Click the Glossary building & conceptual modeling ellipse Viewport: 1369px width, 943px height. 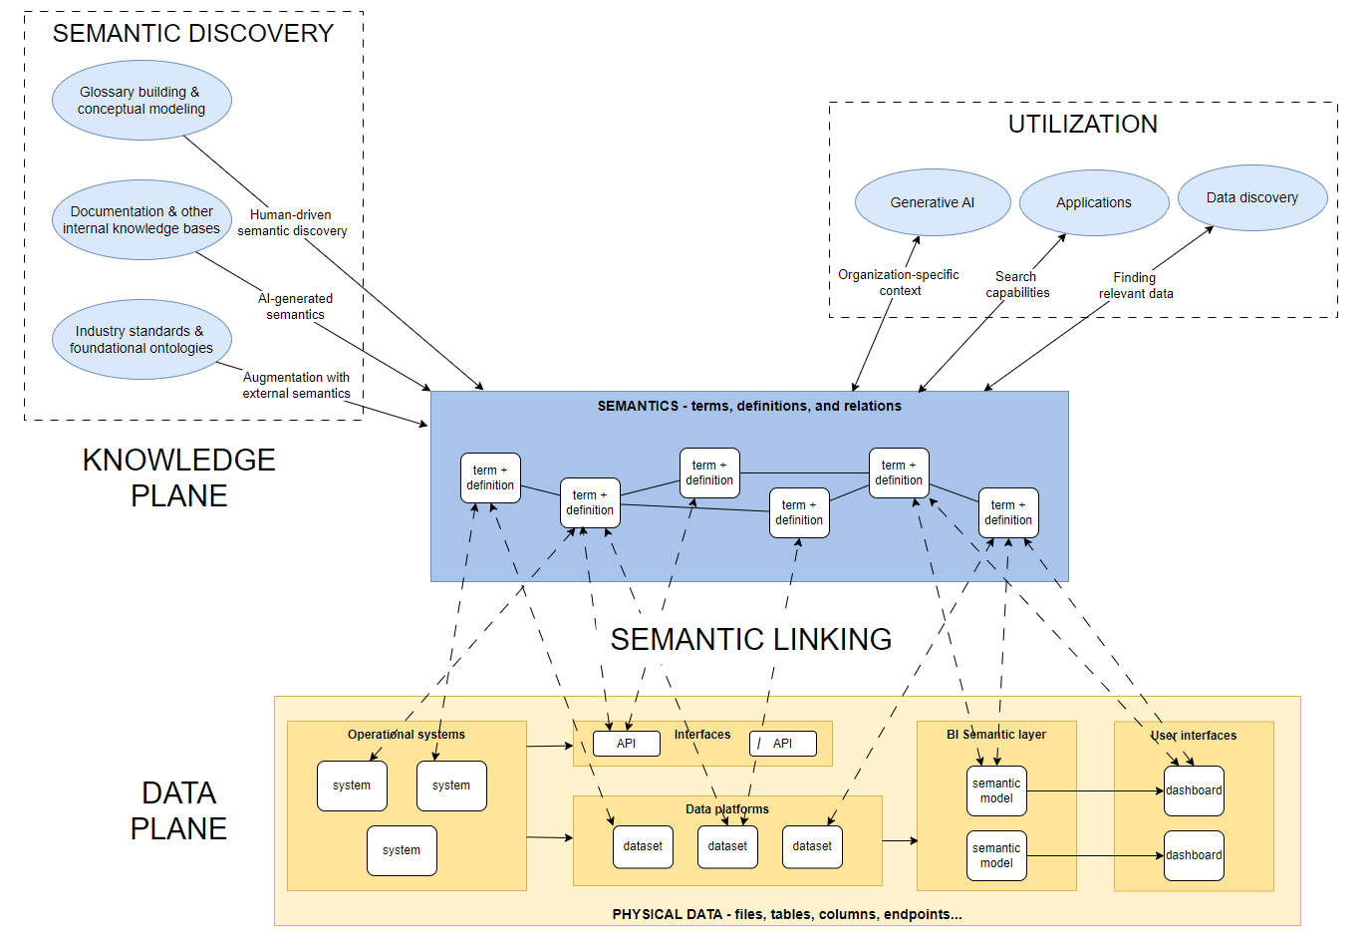[x=141, y=101]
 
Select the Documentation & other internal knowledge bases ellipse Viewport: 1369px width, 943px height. [x=141, y=219]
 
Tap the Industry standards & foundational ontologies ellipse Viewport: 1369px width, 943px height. [x=141, y=339]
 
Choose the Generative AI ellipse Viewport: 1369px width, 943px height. [x=933, y=202]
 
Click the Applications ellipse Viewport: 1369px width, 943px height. [x=1094, y=202]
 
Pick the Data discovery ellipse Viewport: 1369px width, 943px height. [x=1252, y=197]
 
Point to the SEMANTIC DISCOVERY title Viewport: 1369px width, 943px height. [x=193, y=33]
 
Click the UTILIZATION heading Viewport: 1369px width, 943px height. [x=1082, y=125]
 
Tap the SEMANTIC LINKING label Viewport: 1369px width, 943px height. [x=751, y=639]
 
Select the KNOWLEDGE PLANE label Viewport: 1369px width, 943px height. [x=178, y=477]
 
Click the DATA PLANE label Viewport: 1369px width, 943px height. [x=178, y=810]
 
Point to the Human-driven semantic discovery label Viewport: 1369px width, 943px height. [x=292, y=222]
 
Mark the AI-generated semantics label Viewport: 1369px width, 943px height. [x=295, y=306]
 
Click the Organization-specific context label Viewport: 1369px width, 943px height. [x=899, y=282]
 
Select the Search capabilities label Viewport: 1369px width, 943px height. [x=1017, y=284]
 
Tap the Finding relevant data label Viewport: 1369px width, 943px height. [x=1136, y=285]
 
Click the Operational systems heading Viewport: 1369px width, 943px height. [x=407, y=734]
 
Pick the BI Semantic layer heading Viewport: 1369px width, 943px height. [x=996, y=734]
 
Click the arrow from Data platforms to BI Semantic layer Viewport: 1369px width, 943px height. [x=900, y=841]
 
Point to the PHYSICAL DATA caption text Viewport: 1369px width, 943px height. [x=787, y=914]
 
